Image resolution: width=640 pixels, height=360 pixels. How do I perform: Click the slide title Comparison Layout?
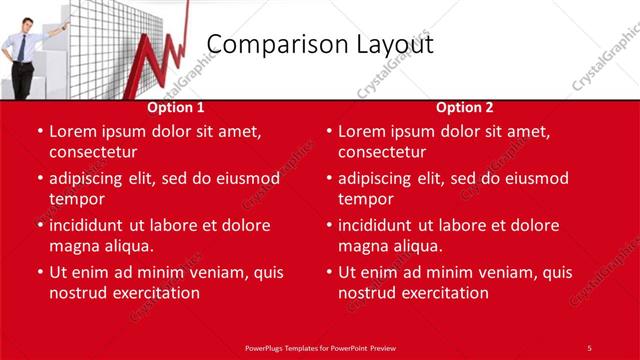coord(320,45)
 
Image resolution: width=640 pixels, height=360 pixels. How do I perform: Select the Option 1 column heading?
coord(176,107)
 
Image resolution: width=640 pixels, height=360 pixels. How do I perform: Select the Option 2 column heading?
coord(465,107)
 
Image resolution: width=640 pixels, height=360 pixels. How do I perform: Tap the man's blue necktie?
coord(23,47)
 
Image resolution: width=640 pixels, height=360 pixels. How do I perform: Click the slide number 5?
coord(589,347)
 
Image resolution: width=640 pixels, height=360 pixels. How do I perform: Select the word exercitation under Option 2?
coord(440,293)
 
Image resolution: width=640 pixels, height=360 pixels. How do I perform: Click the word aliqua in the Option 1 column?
coord(127,246)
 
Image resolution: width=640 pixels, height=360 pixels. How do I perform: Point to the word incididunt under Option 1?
coord(91,225)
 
